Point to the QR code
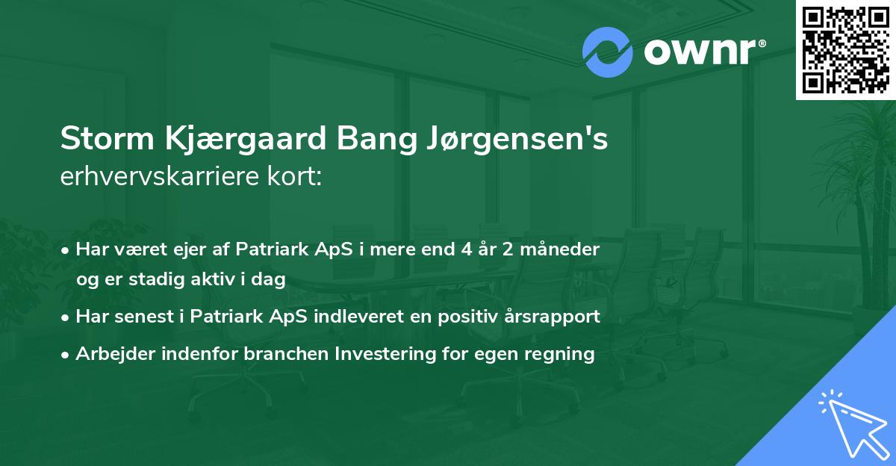845,49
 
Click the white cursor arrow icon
853,423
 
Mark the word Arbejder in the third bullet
109,354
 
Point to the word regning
561,354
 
